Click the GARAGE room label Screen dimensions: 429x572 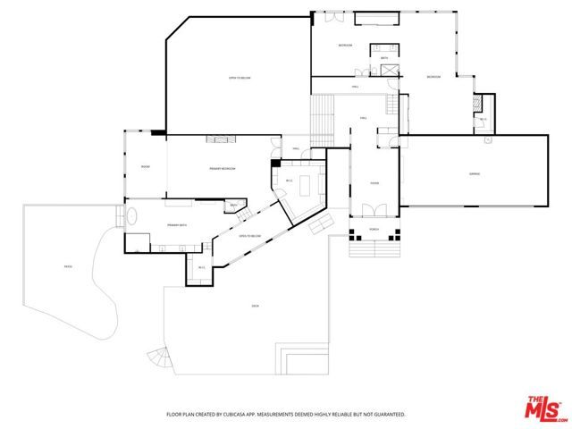coord(475,173)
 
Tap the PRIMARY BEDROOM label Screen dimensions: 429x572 coord(223,169)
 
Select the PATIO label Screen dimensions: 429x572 coord(67,267)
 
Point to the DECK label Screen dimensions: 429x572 coord(255,307)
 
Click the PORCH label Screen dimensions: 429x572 coord(374,230)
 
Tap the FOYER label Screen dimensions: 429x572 coord(374,184)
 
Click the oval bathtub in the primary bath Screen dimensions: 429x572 coord(132,217)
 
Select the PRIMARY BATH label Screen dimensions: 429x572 coord(176,225)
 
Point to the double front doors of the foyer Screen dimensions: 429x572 coord(374,212)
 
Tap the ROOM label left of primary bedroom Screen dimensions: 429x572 coord(145,167)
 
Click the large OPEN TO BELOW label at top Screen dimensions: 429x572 coord(240,79)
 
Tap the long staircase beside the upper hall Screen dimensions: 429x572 coord(322,117)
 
